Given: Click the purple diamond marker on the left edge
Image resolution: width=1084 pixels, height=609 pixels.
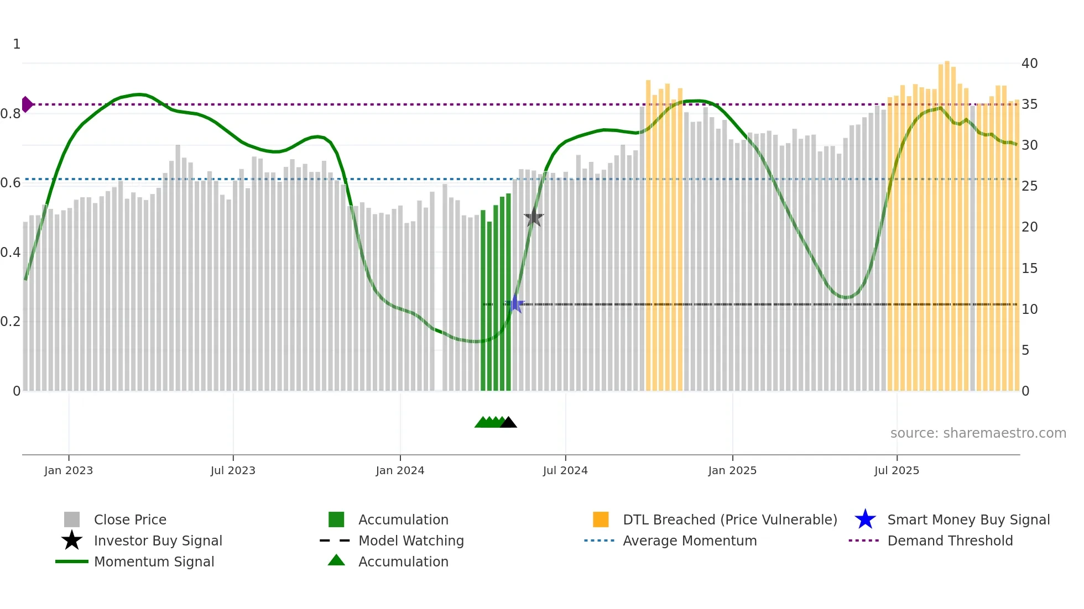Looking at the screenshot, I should (x=27, y=104).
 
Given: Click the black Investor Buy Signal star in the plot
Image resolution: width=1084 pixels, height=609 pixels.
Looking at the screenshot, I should (x=534, y=218).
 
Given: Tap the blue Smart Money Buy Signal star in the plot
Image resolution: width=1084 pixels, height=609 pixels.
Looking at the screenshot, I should (x=515, y=303).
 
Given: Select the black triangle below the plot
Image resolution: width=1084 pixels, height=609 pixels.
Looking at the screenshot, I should (x=508, y=423).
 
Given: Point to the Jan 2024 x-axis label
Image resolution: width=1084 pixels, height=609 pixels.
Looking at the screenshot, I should (x=400, y=471).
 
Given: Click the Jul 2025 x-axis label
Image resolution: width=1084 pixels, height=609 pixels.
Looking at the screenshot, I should (x=897, y=471).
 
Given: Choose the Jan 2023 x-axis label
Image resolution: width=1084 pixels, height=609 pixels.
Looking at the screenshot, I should (x=69, y=471).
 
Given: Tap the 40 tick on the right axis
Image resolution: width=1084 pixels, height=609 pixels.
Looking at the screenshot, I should (x=1029, y=64).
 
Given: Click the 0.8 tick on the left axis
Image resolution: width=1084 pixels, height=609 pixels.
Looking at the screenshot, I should (x=11, y=114).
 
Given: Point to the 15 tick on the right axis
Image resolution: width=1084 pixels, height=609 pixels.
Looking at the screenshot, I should (x=1029, y=269).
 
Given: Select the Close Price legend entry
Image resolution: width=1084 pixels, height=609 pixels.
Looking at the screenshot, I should (x=130, y=520).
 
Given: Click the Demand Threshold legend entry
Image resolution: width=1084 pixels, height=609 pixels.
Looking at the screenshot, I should (x=950, y=541).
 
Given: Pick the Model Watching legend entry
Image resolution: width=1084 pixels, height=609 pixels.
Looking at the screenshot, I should (x=411, y=541).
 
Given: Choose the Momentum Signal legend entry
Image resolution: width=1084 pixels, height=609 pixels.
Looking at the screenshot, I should (x=154, y=562).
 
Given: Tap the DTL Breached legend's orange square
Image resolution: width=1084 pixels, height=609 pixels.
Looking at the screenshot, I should (x=601, y=519).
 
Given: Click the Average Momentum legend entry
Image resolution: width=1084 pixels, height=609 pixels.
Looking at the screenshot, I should (x=690, y=541).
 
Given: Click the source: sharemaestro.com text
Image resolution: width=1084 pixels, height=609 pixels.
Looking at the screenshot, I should (x=978, y=433).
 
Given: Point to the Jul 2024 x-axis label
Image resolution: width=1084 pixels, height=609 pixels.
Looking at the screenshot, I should (x=565, y=471).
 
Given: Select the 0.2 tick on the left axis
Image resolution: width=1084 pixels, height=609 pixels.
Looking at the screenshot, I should (x=11, y=322).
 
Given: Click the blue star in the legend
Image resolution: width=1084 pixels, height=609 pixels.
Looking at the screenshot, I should (x=865, y=519).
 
